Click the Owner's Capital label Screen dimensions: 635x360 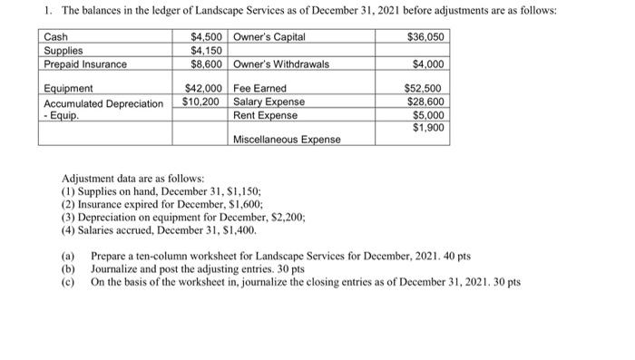click(269, 37)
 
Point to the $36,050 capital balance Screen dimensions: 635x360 click(426, 37)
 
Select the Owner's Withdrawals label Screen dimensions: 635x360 click(281, 64)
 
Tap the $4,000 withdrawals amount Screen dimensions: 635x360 click(429, 64)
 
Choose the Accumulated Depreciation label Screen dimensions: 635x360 click(102, 102)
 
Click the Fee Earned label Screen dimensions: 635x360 click(260, 89)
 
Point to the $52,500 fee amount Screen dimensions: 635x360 click(426, 89)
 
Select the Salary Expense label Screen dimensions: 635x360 click(269, 102)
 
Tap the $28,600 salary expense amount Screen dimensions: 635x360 click(426, 102)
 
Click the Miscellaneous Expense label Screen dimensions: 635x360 click(287, 140)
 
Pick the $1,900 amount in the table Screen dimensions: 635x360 click(429, 128)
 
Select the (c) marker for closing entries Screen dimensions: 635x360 click(67, 282)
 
